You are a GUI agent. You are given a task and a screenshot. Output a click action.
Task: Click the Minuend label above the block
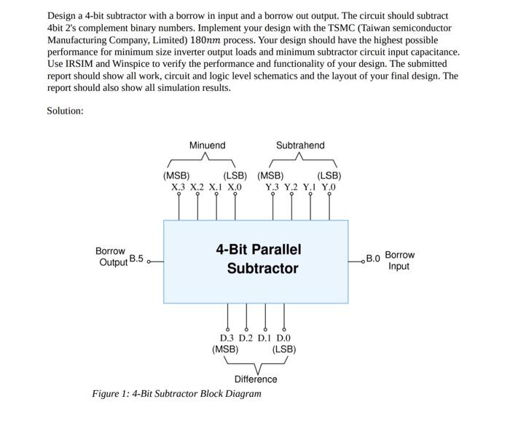pyautogui.click(x=207, y=146)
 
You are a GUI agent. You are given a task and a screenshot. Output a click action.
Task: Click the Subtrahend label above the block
pyautogui.click(x=300, y=146)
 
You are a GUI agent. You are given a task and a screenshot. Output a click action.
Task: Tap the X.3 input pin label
pyautogui.click(x=179, y=188)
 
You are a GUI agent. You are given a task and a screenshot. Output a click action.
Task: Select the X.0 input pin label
pyautogui.click(x=234, y=188)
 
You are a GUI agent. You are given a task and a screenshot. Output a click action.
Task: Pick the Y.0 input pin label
pyautogui.click(x=329, y=188)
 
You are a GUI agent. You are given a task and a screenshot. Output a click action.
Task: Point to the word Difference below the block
pyautogui.click(x=256, y=379)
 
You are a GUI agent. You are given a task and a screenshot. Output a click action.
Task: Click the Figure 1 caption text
pyautogui.click(x=176, y=394)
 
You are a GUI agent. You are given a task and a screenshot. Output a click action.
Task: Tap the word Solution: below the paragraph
pyautogui.click(x=66, y=111)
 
